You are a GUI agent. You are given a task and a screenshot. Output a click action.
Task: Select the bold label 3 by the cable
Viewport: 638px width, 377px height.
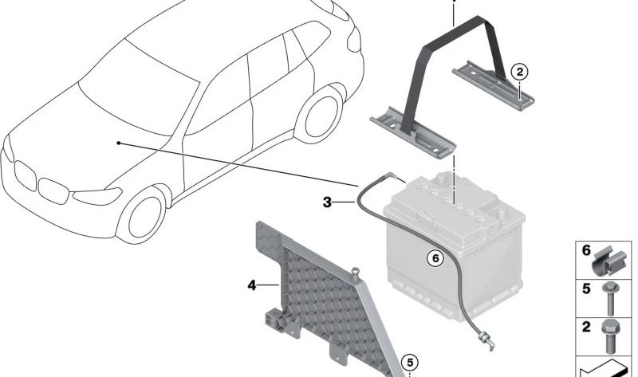[x=327, y=203]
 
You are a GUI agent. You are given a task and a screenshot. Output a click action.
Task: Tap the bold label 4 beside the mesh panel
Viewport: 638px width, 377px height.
[x=252, y=284]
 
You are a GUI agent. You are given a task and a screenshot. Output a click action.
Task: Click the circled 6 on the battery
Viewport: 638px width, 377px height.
[x=435, y=258]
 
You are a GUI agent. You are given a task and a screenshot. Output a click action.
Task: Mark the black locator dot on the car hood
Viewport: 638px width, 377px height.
[x=118, y=143]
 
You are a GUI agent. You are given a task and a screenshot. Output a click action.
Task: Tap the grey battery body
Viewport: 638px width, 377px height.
[x=455, y=263]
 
